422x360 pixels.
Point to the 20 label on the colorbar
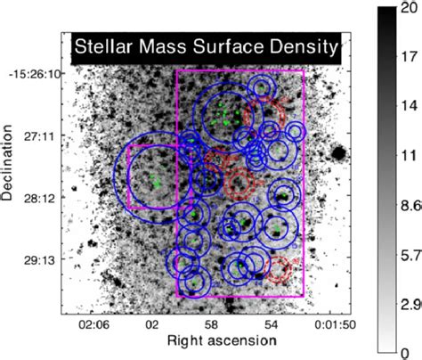point(410,10)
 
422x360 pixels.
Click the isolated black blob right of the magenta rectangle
point(338,153)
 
